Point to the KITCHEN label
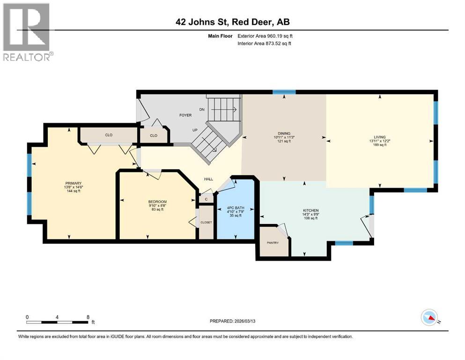(x=310, y=210)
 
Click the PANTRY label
(x=273, y=242)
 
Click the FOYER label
(x=185, y=115)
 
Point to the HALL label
(x=209, y=179)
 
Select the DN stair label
(x=202, y=109)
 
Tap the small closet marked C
(x=206, y=199)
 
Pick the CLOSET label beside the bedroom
(x=206, y=222)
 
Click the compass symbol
(x=430, y=318)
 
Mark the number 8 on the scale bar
(x=88, y=317)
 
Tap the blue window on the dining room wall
(x=284, y=92)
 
